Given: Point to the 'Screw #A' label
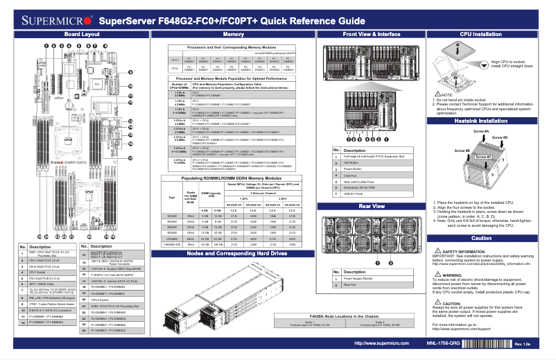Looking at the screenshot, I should pyautogui.click(x=481, y=131).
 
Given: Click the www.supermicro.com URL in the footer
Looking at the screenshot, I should pyautogui.click(x=375, y=343).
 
